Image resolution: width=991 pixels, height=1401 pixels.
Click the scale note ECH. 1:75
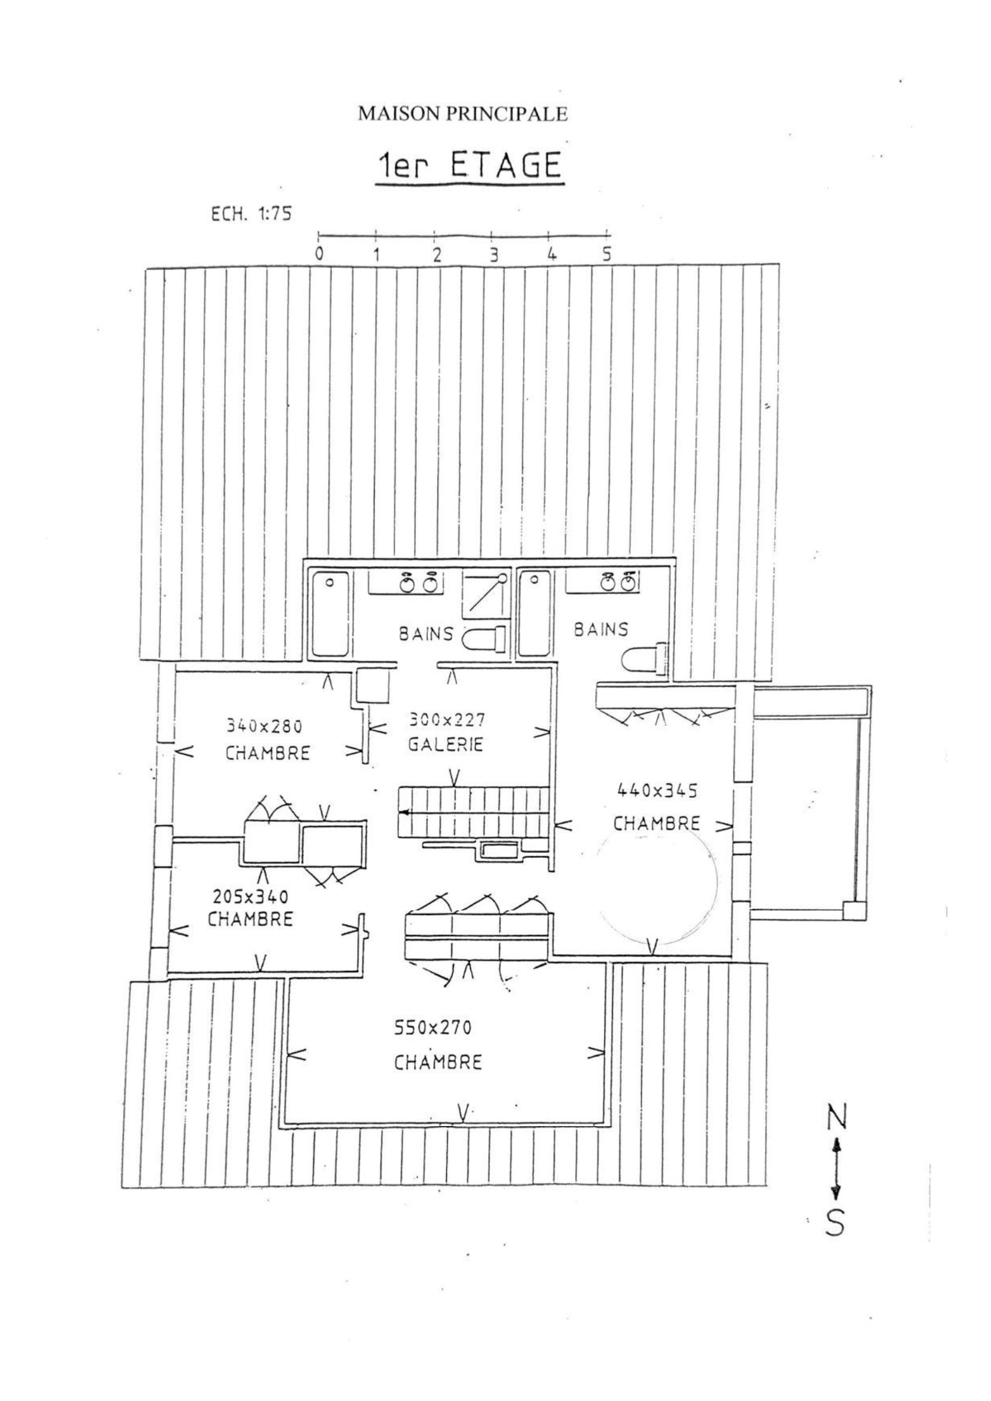[251, 215]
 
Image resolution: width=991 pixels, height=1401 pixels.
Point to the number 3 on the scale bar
[494, 255]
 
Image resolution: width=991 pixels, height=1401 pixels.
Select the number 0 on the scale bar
[319, 255]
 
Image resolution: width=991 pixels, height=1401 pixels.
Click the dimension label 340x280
[264, 726]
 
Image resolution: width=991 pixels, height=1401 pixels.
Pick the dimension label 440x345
[657, 791]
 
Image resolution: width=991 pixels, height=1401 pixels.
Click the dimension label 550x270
[433, 1028]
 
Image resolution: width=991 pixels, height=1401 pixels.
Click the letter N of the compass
[836, 1118]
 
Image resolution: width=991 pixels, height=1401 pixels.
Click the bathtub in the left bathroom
[330, 613]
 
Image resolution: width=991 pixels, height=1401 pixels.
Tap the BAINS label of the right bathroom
[600, 630]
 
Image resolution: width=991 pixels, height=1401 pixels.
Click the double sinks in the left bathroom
[420, 583]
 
